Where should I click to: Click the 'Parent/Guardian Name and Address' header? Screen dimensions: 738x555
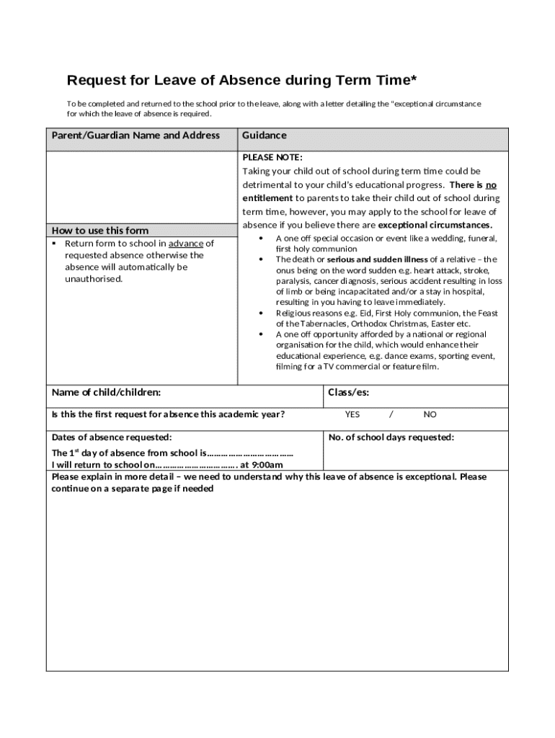click(136, 135)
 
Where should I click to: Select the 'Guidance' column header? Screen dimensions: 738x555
click(264, 135)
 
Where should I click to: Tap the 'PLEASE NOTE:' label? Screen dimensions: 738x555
click(272, 157)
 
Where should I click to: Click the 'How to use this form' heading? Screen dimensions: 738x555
click(100, 231)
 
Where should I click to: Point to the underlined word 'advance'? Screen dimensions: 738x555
click(186, 244)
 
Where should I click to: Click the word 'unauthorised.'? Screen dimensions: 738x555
click(94, 278)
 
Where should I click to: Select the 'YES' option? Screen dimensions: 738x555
click(352, 414)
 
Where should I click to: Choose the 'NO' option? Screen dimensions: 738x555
click(430, 414)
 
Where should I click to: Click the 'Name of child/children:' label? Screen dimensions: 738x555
click(106, 393)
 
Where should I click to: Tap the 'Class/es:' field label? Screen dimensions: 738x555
click(348, 393)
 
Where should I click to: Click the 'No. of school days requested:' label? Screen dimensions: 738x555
click(391, 437)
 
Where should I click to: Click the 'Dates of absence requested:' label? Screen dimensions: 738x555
click(112, 437)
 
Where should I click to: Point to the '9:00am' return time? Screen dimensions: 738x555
click(267, 464)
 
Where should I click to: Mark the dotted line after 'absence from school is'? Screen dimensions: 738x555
click(250, 453)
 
